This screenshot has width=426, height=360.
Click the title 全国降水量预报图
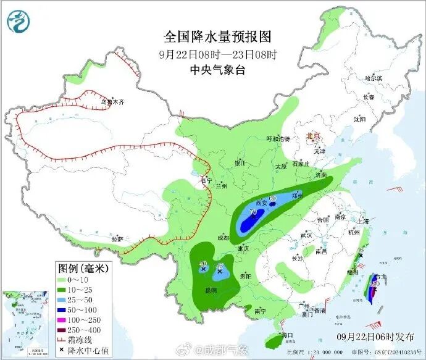pos(217,36)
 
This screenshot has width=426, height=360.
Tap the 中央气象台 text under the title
pos(217,70)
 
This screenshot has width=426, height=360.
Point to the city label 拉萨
pos(117,239)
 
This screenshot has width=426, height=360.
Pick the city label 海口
pos(285,335)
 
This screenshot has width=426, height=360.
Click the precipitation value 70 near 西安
pos(253,212)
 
